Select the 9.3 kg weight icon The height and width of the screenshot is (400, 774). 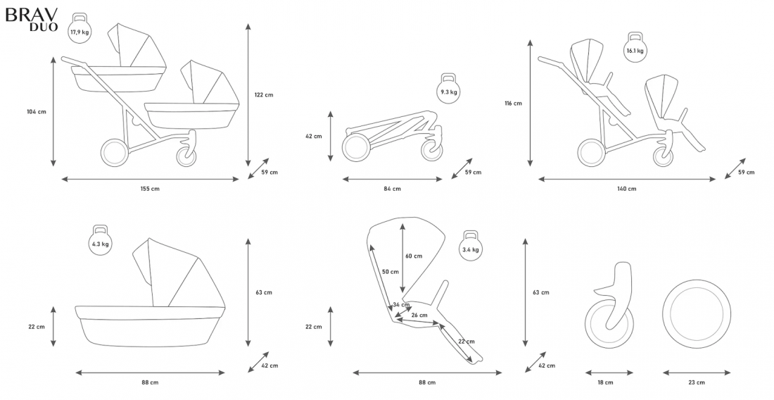point(449,89)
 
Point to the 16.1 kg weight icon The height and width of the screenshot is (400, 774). point(635,48)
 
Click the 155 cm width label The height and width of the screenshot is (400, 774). point(150,189)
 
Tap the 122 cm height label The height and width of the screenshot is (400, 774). point(264,95)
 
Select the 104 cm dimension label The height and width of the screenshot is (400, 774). point(36,111)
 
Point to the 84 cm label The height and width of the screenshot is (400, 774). point(393,189)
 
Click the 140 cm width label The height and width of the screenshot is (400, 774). point(627,189)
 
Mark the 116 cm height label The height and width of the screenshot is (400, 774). point(514,104)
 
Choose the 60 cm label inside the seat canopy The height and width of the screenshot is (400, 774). point(414,256)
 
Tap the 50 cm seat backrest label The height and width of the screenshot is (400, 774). point(390,271)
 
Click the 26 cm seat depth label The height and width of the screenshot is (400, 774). point(419,315)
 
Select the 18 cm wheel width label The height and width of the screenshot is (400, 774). point(605,382)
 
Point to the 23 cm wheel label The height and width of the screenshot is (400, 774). point(697,382)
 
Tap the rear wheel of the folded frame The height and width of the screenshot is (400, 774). point(355,148)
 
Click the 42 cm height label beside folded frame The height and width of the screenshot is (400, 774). point(313,136)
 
